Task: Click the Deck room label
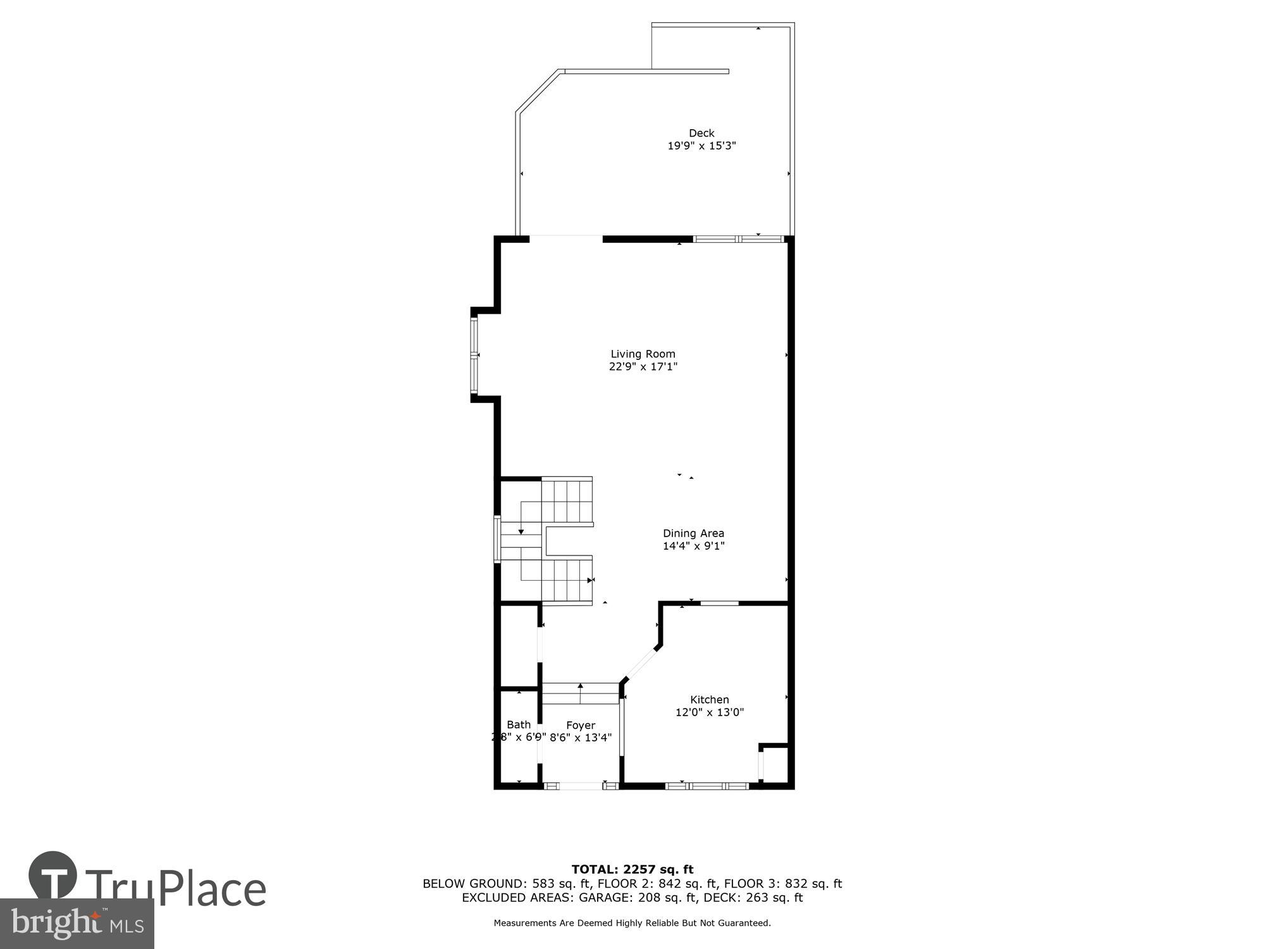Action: pos(701,133)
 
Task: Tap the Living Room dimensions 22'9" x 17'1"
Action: pos(643,366)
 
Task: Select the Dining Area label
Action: pos(693,533)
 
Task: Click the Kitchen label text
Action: pos(709,700)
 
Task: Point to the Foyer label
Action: pos(580,726)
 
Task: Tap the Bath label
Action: pos(519,725)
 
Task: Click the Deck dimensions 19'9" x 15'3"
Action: pos(701,146)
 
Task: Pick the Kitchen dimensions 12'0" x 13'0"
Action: pos(709,712)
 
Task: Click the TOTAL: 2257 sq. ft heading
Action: pos(632,869)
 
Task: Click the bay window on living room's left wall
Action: pos(474,355)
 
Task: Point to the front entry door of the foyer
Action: pos(581,786)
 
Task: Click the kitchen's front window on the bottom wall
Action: pos(707,786)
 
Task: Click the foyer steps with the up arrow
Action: pos(581,693)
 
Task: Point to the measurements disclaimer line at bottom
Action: pos(632,923)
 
